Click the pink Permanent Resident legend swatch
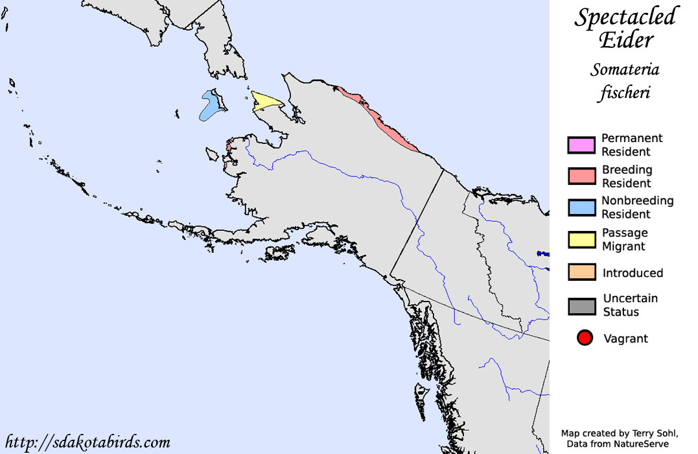tap(581, 145)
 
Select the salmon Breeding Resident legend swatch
tap(581, 176)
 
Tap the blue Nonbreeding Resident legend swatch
tap(581, 208)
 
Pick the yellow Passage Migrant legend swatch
tap(581, 239)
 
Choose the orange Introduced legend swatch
tap(581, 272)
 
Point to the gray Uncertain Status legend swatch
tap(581, 305)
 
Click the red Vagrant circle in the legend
tap(585, 338)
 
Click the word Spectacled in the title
tap(625, 18)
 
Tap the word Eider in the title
tap(625, 40)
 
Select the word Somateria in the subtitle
tap(625, 69)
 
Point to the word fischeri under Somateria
tap(624, 93)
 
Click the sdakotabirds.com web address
tap(87, 442)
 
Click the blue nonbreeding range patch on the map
tap(209, 106)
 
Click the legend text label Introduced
tap(633, 273)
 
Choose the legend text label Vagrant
tap(625, 339)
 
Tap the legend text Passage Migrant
tap(624, 239)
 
